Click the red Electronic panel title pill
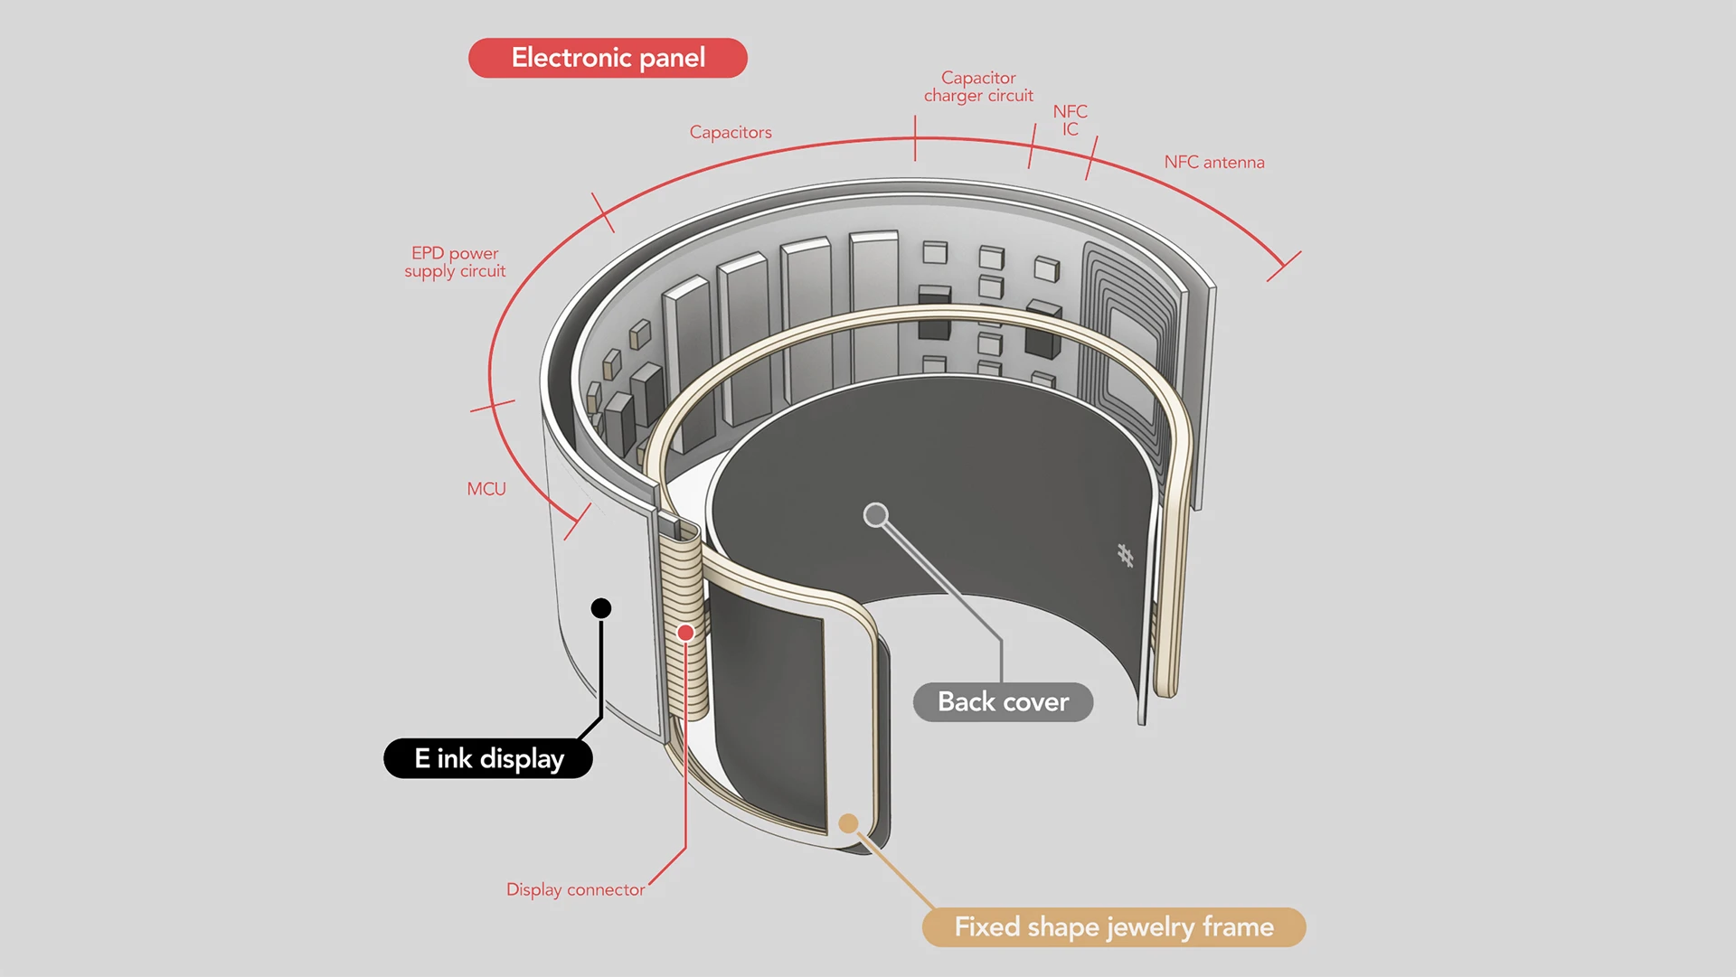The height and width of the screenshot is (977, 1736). [608, 58]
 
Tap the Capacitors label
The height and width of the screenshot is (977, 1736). [731, 132]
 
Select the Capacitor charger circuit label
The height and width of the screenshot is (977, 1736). [978, 87]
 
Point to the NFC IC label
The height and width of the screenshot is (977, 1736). [1071, 120]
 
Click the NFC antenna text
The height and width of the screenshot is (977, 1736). [1214, 162]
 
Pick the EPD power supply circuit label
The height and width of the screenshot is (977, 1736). [455, 262]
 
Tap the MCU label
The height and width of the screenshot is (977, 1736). [486, 489]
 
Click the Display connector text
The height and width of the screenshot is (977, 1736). [576, 889]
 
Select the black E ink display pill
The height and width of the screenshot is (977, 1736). [488, 758]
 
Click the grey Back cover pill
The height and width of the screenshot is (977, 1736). [1003, 702]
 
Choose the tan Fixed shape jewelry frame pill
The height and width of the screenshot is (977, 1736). [1114, 927]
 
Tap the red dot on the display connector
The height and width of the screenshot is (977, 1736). [685, 633]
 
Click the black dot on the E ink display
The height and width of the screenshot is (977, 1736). [601, 608]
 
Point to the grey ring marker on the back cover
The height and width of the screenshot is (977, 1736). [875, 515]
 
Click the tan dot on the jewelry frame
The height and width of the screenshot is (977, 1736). [848, 823]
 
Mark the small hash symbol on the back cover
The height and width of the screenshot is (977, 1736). [1125, 555]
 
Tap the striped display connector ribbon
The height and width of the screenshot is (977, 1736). [682, 624]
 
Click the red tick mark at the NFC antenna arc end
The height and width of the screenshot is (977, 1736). [1283, 267]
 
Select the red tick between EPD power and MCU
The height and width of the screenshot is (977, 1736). [493, 406]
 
